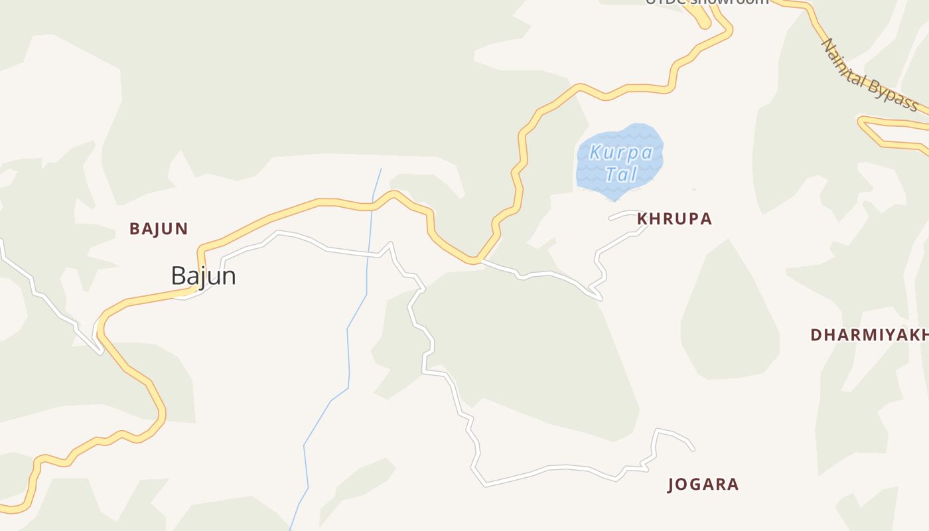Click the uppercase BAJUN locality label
tap(159, 229)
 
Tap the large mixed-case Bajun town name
tap(203, 275)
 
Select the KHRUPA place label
tap(674, 219)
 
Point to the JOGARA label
tap(703, 485)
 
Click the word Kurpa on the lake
tap(621, 153)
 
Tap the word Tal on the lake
tap(621, 174)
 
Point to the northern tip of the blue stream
tap(382, 169)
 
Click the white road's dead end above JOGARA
tap(693, 450)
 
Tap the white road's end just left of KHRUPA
tap(610, 218)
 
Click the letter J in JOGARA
tap(672, 485)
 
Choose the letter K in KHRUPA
tap(642, 219)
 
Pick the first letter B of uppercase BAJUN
tap(134, 229)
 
